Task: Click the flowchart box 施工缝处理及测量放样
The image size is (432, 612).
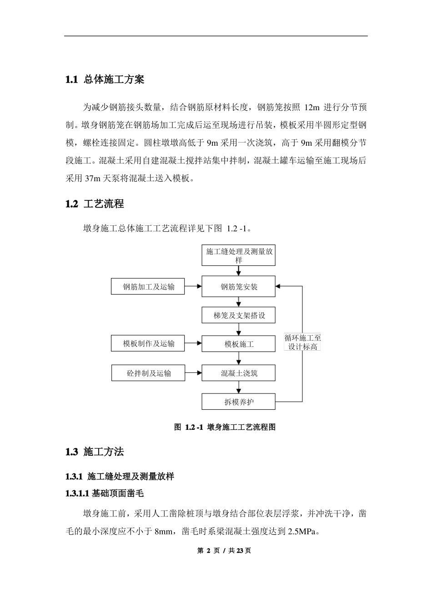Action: pyautogui.click(x=239, y=255)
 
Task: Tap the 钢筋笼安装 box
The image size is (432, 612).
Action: pyautogui.click(x=239, y=287)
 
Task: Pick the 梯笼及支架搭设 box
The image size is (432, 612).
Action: pyautogui.click(x=239, y=315)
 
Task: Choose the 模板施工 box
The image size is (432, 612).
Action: pyautogui.click(x=239, y=344)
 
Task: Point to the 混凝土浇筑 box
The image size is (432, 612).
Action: pyautogui.click(x=239, y=373)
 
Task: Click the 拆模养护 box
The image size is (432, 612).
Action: pyautogui.click(x=239, y=402)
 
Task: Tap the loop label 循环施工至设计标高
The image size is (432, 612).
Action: pyautogui.click(x=302, y=342)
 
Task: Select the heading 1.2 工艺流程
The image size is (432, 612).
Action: pyautogui.click(x=95, y=204)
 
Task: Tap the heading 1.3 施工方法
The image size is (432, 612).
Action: pyautogui.click(x=95, y=452)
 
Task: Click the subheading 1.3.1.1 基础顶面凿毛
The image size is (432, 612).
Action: pyautogui.click(x=105, y=493)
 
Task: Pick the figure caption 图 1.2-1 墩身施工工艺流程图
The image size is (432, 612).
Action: pyautogui.click(x=225, y=427)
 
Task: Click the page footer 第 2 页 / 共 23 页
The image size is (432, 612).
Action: pyautogui.click(x=224, y=551)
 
